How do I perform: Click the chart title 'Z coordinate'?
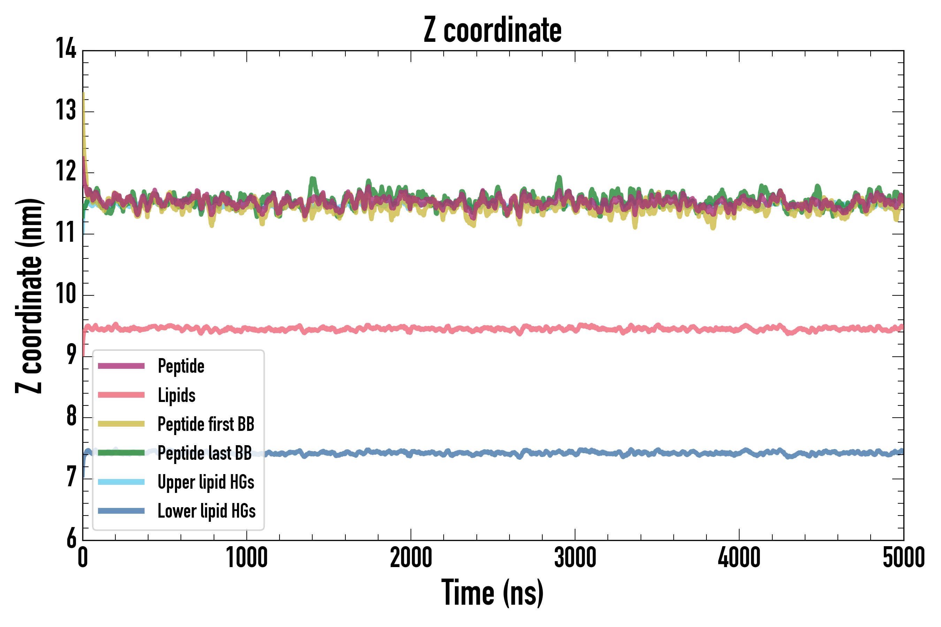pos(492,30)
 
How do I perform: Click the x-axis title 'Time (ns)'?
pos(492,593)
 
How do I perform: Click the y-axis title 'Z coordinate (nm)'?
pos(29,296)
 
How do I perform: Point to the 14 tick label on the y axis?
pos(66,49)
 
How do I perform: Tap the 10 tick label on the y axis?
pos(66,294)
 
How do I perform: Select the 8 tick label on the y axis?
pos(71,416)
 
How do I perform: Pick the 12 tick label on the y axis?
pos(66,171)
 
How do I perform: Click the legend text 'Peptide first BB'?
pos(206,424)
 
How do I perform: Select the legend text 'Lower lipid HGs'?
pos(206,511)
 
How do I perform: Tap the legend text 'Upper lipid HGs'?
pos(206,482)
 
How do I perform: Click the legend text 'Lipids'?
pos(176,395)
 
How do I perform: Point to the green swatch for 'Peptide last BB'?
pos(121,452)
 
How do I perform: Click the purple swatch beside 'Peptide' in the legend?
pos(121,366)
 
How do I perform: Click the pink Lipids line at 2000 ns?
pos(411,329)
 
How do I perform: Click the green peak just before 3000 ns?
pos(559,178)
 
